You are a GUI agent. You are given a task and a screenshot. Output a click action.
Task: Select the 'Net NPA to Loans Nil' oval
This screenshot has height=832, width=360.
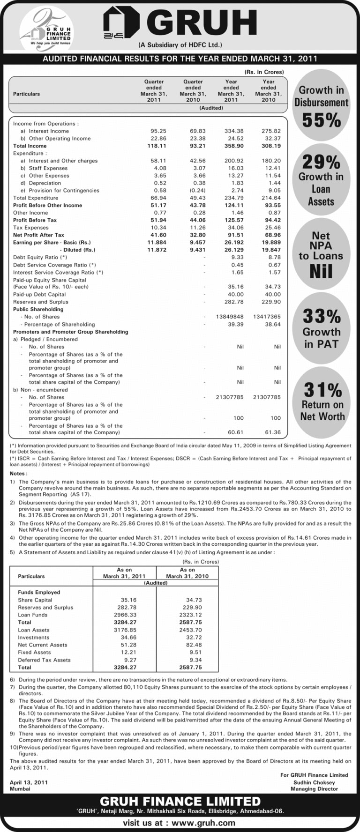321,254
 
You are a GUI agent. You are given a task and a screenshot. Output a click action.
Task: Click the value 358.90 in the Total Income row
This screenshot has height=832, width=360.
231,146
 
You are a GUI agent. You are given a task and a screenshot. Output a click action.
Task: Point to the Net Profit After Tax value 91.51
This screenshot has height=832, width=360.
231,235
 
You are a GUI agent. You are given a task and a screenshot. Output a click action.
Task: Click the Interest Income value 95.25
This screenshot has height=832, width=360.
153,131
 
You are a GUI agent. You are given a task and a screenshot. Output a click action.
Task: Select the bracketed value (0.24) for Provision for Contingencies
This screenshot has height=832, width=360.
193,191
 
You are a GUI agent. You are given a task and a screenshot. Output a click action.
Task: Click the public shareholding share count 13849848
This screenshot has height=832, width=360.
229,317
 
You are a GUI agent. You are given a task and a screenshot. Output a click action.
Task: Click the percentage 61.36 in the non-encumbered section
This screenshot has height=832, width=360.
272,432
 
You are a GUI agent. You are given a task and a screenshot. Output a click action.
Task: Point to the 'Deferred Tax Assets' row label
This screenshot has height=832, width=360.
44,660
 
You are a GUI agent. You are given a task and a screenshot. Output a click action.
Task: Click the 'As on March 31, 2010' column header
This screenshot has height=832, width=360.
187,573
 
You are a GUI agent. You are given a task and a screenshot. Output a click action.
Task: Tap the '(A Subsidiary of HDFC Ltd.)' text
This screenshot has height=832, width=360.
180,45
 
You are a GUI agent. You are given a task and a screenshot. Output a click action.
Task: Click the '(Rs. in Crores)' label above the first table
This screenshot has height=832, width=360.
264,72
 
